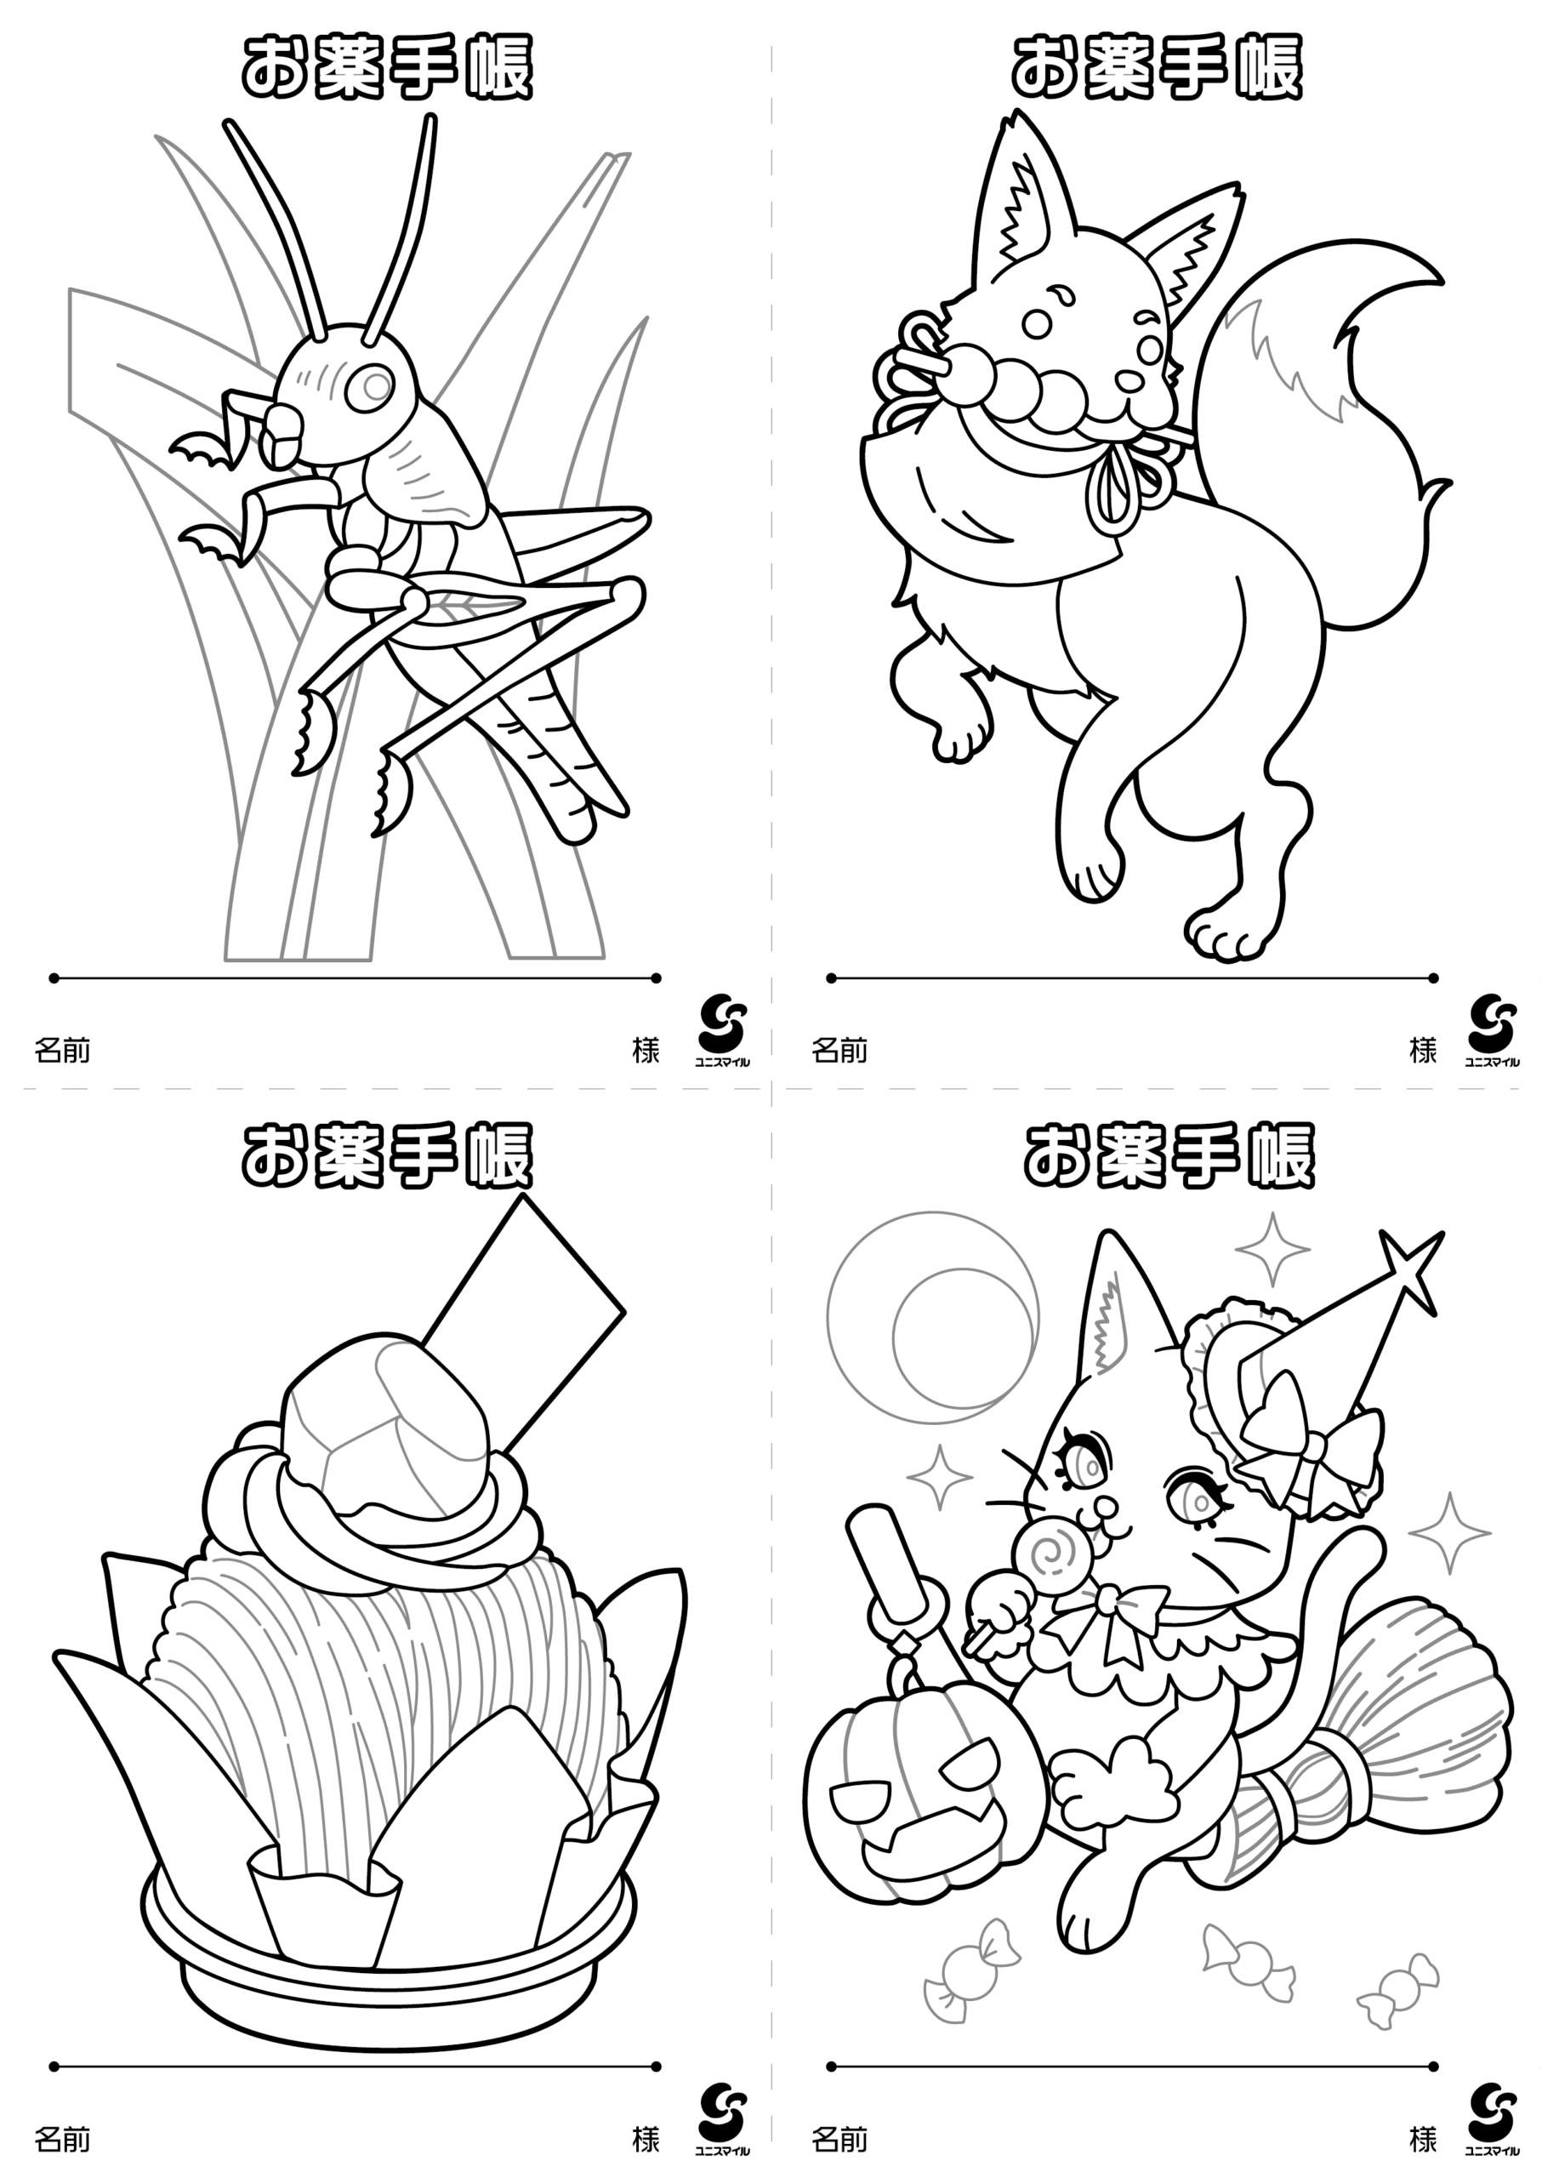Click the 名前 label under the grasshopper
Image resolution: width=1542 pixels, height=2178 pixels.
click(62, 1051)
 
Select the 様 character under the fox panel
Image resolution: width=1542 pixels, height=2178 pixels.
click(1422, 1051)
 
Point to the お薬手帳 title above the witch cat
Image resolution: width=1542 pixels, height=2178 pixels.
click(1169, 1156)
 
